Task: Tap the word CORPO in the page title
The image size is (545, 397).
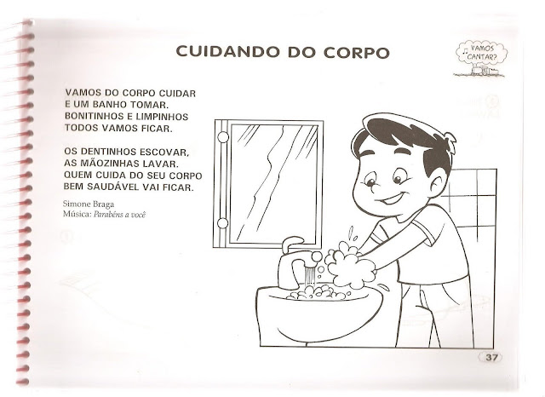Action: click(x=357, y=52)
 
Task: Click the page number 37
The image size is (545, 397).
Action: click(x=491, y=357)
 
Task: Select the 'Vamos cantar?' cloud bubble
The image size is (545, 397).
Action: click(x=481, y=53)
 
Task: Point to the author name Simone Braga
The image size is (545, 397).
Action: click(x=89, y=204)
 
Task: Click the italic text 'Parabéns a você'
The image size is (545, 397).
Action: click(x=119, y=215)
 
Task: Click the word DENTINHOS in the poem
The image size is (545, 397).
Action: click(x=106, y=152)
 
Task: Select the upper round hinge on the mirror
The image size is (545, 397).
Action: click(x=223, y=136)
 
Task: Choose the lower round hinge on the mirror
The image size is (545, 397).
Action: click(x=223, y=223)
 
